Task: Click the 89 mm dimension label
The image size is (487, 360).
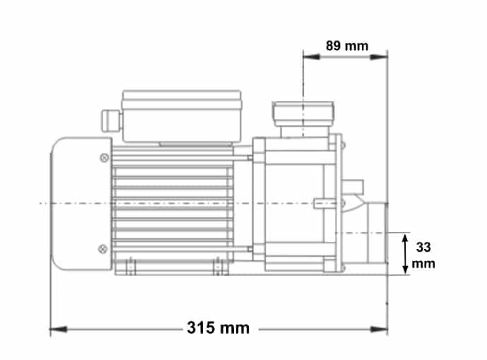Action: (x=347, y=46)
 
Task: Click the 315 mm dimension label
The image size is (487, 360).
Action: (x=218, y=327)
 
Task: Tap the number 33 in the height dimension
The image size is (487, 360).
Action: (x=423, y=248)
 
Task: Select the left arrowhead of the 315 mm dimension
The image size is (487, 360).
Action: (x=59, y=329)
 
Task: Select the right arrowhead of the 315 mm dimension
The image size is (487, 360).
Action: (x=379, y=329)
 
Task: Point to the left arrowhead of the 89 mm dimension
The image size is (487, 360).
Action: (x=312, y=57)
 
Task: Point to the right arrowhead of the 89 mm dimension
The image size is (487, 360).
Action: (x=379, y=57)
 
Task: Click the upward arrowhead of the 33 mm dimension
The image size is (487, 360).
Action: (x=405, y=240)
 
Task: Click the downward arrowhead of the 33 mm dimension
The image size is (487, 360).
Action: (x=405, y=269)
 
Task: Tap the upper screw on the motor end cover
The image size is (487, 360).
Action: (x=105, y=158)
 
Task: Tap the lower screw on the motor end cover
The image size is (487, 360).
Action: (x=102, y=249)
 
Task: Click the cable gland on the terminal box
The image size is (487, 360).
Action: (x=111, y=121)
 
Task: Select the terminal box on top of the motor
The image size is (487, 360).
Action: (x=182, y=116)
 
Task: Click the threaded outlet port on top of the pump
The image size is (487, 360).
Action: (x=303, y=119)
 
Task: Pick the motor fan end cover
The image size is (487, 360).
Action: (x=81, y=204)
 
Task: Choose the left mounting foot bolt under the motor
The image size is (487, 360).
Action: (x=131, y=267)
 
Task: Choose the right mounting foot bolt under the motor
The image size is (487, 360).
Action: (x=218, y=267)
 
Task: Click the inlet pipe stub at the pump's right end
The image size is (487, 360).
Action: (x=377, y=232)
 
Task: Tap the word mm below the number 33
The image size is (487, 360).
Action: (x=423, y=264)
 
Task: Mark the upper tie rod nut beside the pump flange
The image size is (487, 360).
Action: (x=250, y=158)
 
